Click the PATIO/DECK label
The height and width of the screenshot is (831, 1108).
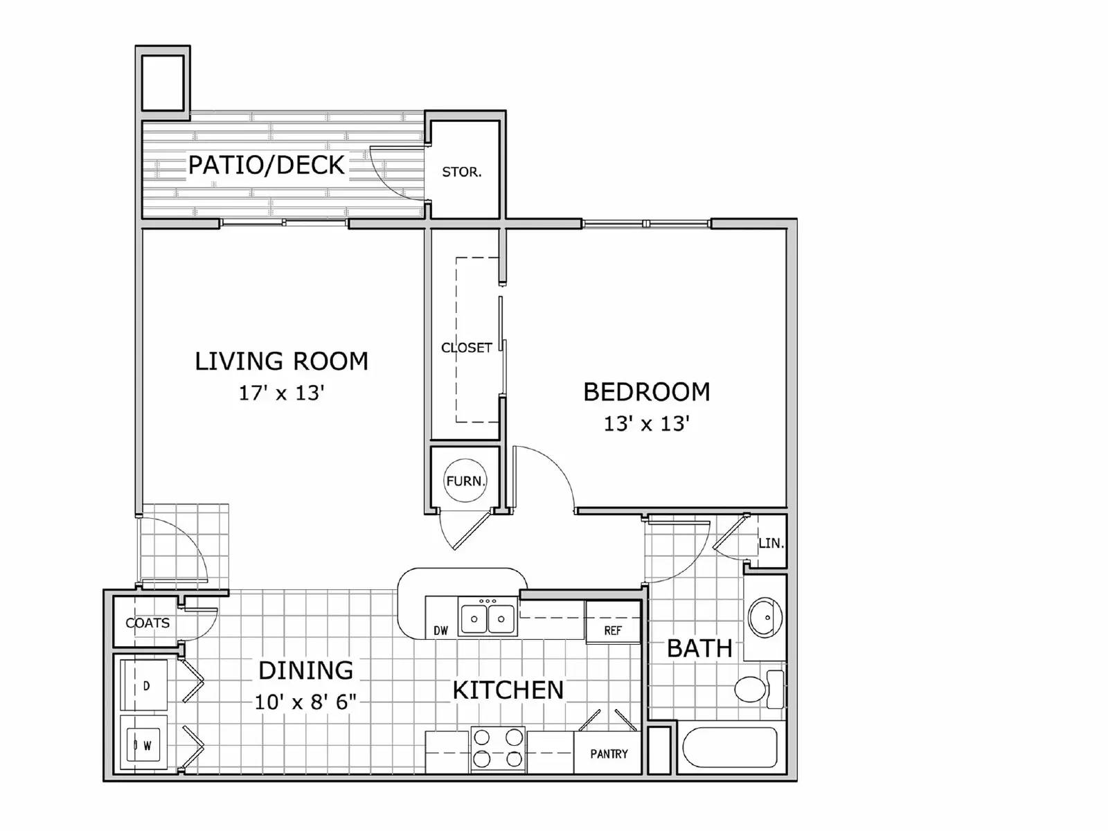(x=266, y=165)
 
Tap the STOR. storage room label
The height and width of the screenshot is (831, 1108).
(x=461, y=172)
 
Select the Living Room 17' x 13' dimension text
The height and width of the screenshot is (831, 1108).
(x=281, y=393)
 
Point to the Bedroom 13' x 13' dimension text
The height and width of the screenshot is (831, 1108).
(x=646, y=424)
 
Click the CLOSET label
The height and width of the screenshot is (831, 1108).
(x=466, y=348)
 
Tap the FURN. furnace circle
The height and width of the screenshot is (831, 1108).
(x=465, y=480)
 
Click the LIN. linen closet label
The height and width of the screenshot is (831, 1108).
(x=771, y=544)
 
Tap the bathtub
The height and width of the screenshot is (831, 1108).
(x=730, y=747)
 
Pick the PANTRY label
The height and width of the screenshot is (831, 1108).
(x=609, y=754)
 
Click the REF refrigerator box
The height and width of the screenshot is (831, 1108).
(x=613, y=629)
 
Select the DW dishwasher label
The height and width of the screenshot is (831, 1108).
(x=440, y=630)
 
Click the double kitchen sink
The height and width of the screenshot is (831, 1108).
(x=488, y=618)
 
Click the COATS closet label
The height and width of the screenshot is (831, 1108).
(x=148, y=623)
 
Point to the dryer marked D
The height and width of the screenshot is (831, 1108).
(x=145, y=686)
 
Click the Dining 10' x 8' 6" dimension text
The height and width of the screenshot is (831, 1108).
(x=305, y=702)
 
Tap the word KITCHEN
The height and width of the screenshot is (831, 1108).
(x=508, y=690)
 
